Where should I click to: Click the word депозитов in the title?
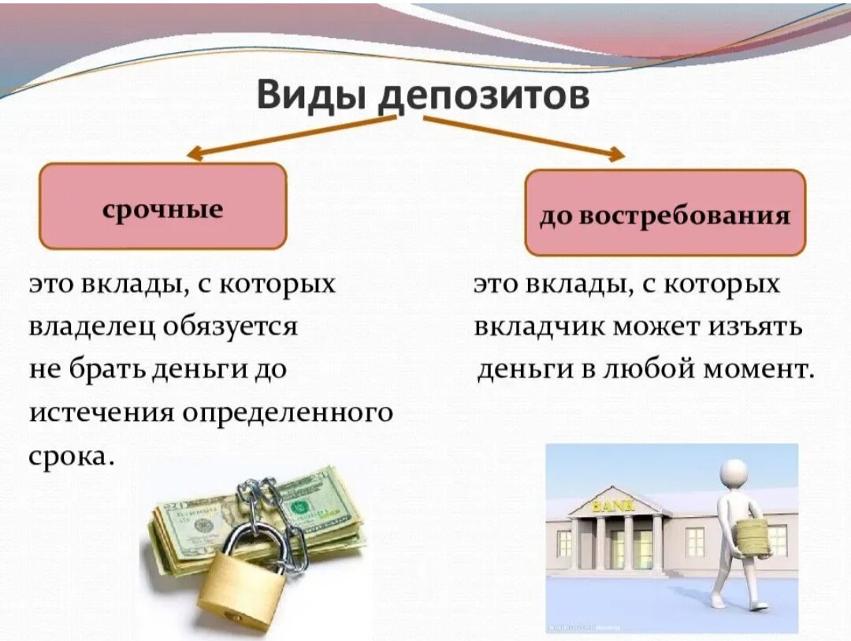tap(485, 98)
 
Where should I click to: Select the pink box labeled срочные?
tap(163, 207)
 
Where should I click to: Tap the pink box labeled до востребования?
tap(665, 212)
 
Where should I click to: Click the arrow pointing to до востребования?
tap(524, 138)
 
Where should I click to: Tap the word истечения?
tap(102, 413)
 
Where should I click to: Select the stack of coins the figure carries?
tap(752, 539)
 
